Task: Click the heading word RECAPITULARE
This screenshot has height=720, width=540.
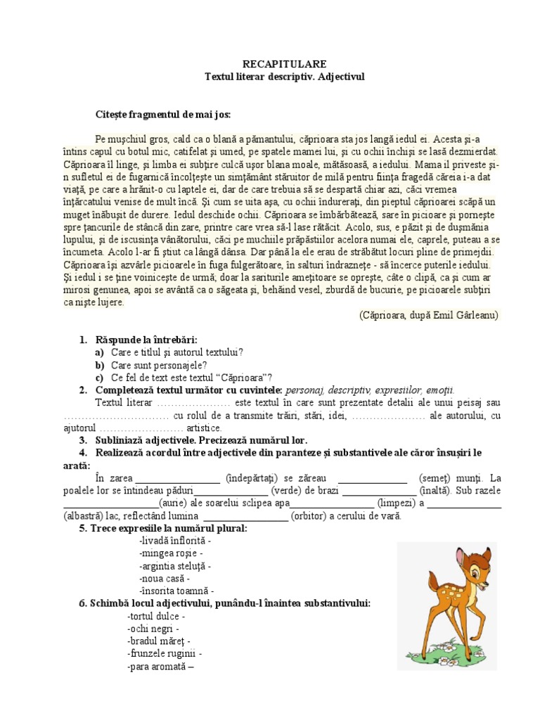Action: (269, 63)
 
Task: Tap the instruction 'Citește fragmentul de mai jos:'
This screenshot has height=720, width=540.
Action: (163, 114)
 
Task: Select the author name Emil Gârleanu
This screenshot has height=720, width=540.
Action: (463, 315)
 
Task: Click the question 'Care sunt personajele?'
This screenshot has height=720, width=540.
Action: (159, 365)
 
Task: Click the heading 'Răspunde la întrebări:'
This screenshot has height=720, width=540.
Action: (147, 340)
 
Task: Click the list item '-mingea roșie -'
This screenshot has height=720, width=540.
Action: (171, 554)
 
